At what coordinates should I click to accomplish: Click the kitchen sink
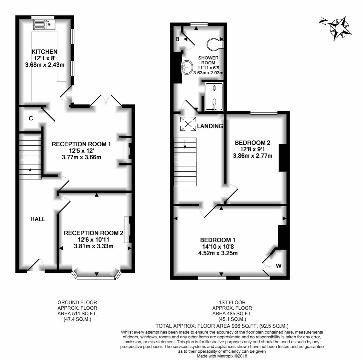(x=44, y=25)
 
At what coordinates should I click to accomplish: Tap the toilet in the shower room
(x=215, y=44)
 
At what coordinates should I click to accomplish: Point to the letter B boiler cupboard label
(x=177, y=39)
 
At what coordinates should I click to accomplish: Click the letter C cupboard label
(x=31, y=118)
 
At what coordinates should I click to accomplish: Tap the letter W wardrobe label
(x=279, y=266)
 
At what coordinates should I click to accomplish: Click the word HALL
(x=38, y=219)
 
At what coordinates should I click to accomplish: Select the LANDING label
(x=210, y=126)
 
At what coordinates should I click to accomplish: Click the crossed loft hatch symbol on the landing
(x=188, y=124)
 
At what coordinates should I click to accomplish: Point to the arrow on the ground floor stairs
(x=30, y=172)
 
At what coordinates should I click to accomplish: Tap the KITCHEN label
(x=45, y=51)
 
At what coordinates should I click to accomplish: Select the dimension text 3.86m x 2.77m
(x=253, y=156)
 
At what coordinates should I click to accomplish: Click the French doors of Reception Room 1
(x=106, y=100)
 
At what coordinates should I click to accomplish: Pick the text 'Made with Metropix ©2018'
(x=222, y=356)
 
